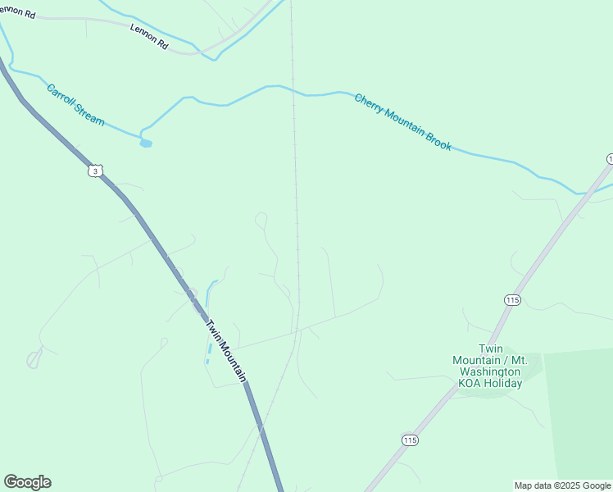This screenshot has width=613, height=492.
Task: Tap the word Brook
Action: click(438, 139)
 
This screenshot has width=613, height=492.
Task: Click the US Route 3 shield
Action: click(96, 171)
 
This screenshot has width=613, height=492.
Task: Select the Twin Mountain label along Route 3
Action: click(225, 350)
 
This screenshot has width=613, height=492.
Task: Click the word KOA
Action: click(468, 383)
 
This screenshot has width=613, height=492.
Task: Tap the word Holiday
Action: click(502, 383)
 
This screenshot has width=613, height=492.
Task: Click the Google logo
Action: click(27, 482)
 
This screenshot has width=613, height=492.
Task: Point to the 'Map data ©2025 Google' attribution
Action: click(563, 485)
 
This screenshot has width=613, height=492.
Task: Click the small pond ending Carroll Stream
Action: click(146, 143)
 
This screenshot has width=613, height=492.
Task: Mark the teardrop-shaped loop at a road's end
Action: click(34, 359)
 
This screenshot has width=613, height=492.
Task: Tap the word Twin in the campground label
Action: click(489, 348)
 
